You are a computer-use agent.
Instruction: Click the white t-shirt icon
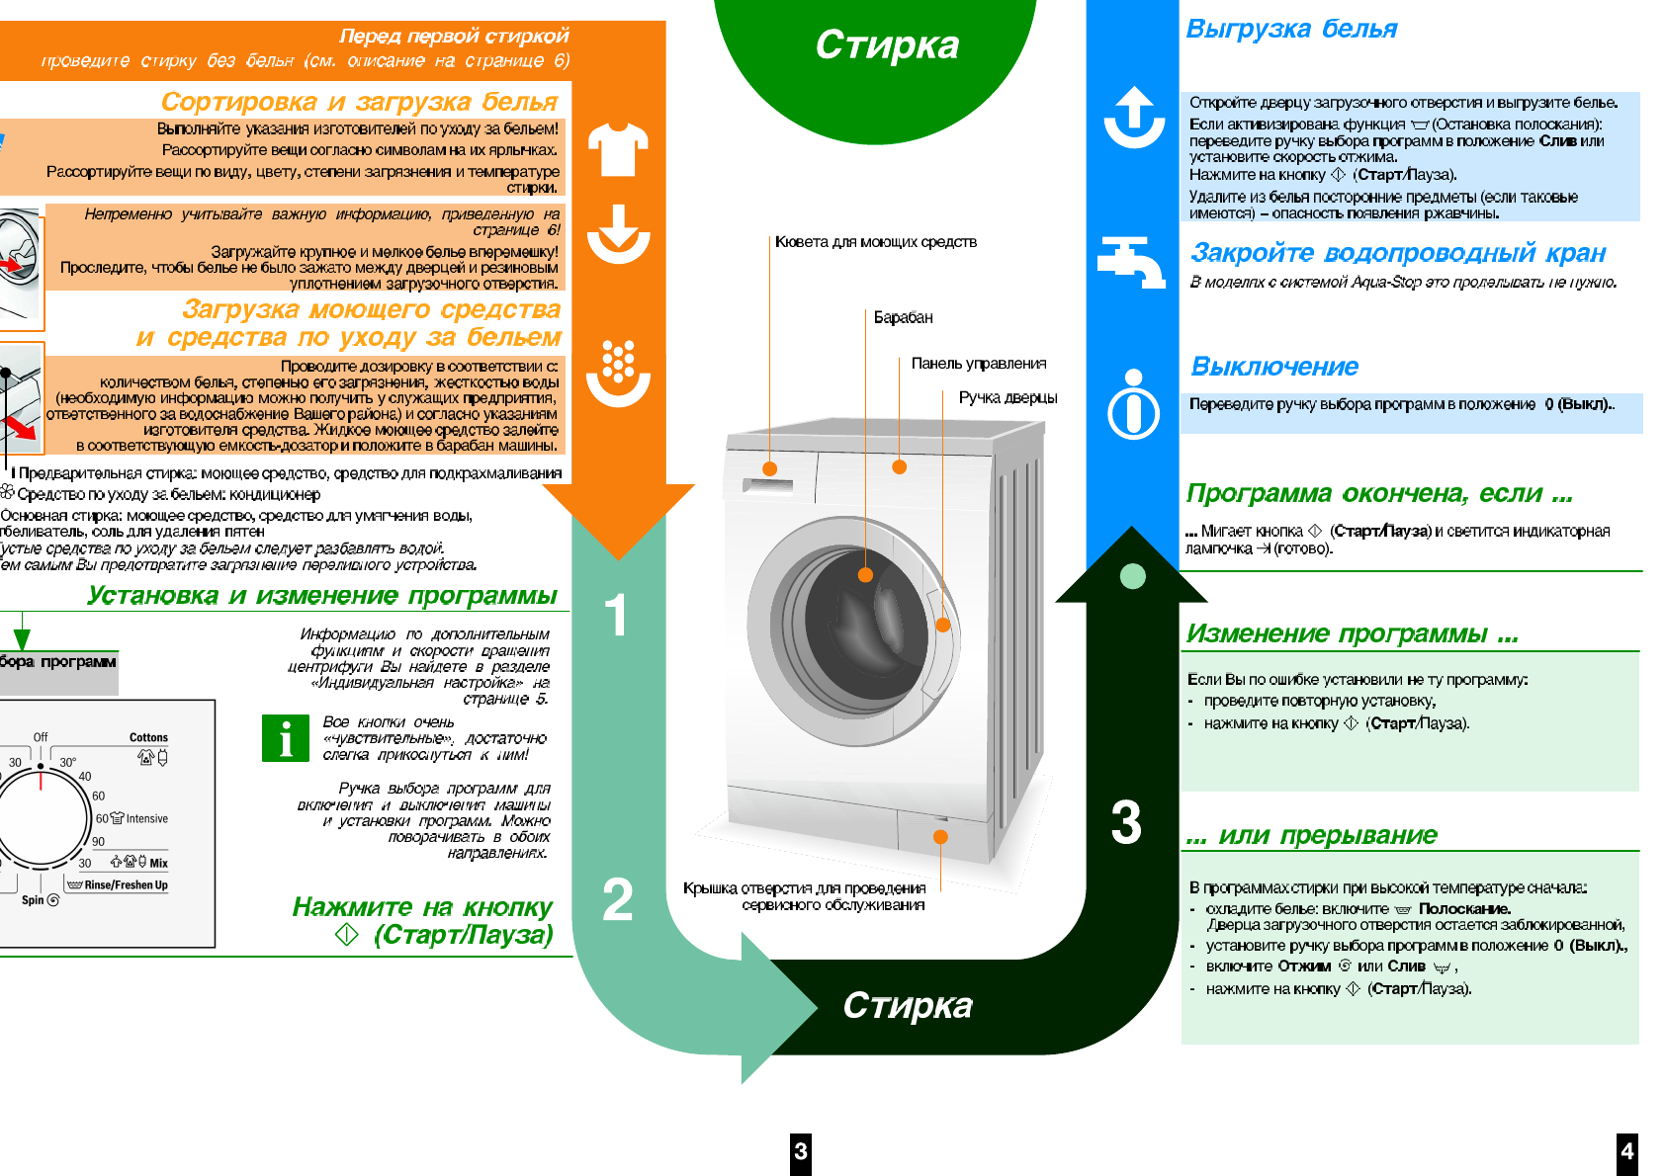(x=618, y=149)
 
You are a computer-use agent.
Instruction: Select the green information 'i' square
(x=285, y=738)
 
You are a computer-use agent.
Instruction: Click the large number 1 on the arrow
(x=616, y=615)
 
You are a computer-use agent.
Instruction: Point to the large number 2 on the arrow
(x=618, y=900)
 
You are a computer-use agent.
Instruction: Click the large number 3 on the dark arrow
(x=1126, y=822)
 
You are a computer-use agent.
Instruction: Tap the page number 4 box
(x=1626, y=1151)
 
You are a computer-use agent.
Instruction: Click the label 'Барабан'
(x=903, y=317)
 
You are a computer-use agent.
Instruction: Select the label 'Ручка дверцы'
(x=1008, y=397)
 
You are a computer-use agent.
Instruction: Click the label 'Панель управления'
(x=978, y=364)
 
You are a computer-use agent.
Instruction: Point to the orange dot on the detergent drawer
(x=770, y=468)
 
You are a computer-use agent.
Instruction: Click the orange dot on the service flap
(x=940, y=837)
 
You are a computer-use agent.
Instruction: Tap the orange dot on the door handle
(x=942, y=625)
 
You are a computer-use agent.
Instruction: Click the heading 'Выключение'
(x=1274, y=367)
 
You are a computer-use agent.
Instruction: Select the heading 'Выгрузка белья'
(x=1291, y=29)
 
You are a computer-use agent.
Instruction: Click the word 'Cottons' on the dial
(x=148, y=737)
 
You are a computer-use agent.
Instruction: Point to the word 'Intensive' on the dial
(x=146, y=818)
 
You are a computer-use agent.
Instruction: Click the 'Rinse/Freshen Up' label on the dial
(x=126, y=884)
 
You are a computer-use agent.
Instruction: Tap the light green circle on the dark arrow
(x=1133, y=576)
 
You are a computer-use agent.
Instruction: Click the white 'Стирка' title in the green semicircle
(x=887, y=44)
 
